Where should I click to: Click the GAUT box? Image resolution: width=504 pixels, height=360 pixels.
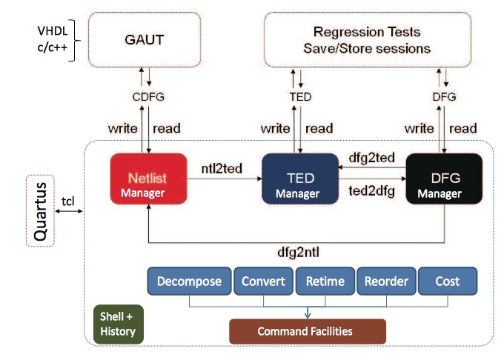pos(145,40)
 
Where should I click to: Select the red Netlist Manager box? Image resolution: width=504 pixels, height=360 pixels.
pos(148,179)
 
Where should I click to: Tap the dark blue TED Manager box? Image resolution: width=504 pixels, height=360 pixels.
pos(300,179)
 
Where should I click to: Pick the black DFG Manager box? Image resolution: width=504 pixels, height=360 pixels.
pos(444,179)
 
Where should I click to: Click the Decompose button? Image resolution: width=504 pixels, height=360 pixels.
pos(189,281)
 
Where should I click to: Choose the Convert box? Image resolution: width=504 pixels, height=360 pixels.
pos(264,281)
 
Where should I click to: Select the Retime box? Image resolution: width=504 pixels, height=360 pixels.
pos(325,281)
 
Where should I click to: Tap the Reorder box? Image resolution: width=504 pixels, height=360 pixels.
pos(386,281)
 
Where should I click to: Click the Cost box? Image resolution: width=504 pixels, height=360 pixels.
pos(448,281)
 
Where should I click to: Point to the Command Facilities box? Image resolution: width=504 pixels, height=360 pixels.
pos(308,331)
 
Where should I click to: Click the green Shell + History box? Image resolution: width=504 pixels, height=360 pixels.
pos(119,324)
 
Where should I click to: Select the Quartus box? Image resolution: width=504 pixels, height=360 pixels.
pos(40,210)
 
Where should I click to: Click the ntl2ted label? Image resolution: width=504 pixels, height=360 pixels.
pos(222,169)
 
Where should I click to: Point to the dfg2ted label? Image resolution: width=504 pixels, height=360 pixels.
pos(372,158)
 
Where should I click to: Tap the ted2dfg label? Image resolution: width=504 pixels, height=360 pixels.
pos(372,191)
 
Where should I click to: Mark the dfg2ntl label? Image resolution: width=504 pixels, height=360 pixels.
pos(298,253)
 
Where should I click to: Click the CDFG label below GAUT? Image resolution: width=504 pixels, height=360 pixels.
pos(148,96)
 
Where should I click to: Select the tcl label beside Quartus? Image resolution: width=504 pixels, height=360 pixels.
pos(68,201)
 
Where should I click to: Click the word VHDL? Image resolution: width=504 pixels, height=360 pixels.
pos(53,31)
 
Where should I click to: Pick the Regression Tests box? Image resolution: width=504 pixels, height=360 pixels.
pos(368,40)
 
